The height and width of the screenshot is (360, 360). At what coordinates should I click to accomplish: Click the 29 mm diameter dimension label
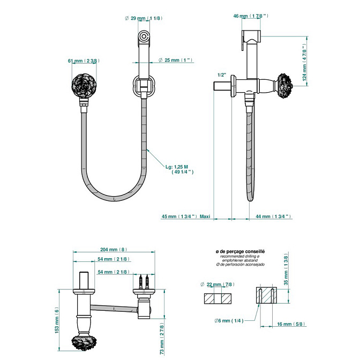(144, 18)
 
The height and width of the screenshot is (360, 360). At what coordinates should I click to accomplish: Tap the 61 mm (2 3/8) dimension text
(84, 61)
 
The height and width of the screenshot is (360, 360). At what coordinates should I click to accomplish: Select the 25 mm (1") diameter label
(175, 60)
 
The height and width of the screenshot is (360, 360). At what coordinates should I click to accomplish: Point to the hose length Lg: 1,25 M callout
(179, 169)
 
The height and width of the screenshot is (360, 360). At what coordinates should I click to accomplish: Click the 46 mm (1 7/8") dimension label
(251, 16)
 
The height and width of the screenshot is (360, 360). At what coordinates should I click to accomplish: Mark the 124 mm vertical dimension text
(304, 62)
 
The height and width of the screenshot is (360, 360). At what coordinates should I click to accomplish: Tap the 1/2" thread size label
(222, 75)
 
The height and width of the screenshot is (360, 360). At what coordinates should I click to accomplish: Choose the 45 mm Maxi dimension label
(186, 216)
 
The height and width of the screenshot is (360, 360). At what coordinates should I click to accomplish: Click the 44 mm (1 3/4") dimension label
(273, 216)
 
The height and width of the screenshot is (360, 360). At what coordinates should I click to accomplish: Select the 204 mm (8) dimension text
(114, 249)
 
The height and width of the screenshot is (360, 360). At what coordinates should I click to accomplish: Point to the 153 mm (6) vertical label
(57, 320)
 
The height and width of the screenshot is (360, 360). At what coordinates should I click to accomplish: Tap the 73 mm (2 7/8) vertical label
(162, 339)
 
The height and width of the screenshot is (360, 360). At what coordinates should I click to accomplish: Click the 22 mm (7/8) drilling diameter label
(217, 284)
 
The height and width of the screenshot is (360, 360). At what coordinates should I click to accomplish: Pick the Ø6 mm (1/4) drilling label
(229, 320)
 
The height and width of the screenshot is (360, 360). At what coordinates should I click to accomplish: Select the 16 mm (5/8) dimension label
(291, 324)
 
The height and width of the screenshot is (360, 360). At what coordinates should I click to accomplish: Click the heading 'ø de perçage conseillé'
(240, 251)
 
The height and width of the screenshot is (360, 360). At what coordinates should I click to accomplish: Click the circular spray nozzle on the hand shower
(144, 36)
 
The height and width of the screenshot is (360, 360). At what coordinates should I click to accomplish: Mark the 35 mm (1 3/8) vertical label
(286, 269)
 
